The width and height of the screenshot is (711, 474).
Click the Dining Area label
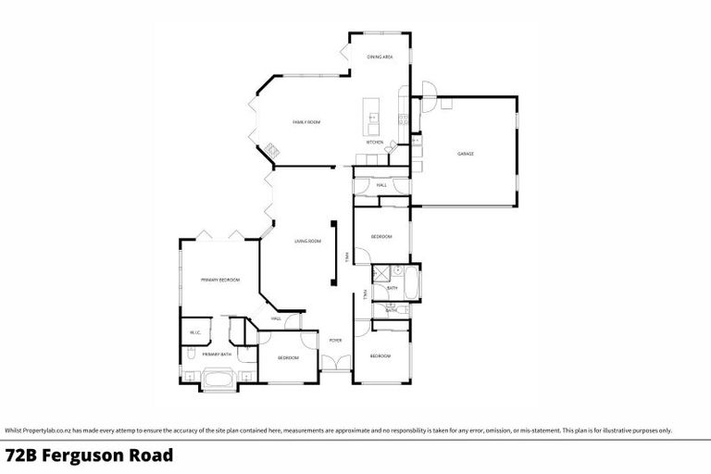(380, 57)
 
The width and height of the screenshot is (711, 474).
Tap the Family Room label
(306, 122)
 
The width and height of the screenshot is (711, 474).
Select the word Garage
(465, 154)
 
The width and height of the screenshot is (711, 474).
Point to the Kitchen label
(375, 143)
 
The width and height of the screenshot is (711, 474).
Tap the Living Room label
(307, 242)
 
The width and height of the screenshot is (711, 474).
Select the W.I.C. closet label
(195, 332)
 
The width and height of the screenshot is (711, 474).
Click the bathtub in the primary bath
(219, 378)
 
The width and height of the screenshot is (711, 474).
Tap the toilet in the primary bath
(188, 354)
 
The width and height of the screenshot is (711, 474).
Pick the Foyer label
(335, 341)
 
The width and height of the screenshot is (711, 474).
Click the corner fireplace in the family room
(269, 149)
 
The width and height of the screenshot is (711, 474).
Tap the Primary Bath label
(217, 354)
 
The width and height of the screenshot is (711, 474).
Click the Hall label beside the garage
(381, 185)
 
